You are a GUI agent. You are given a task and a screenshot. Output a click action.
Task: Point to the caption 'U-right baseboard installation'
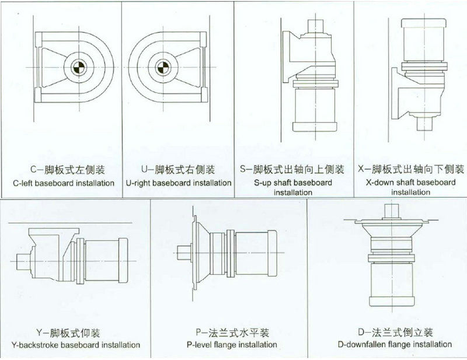point(179,183)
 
